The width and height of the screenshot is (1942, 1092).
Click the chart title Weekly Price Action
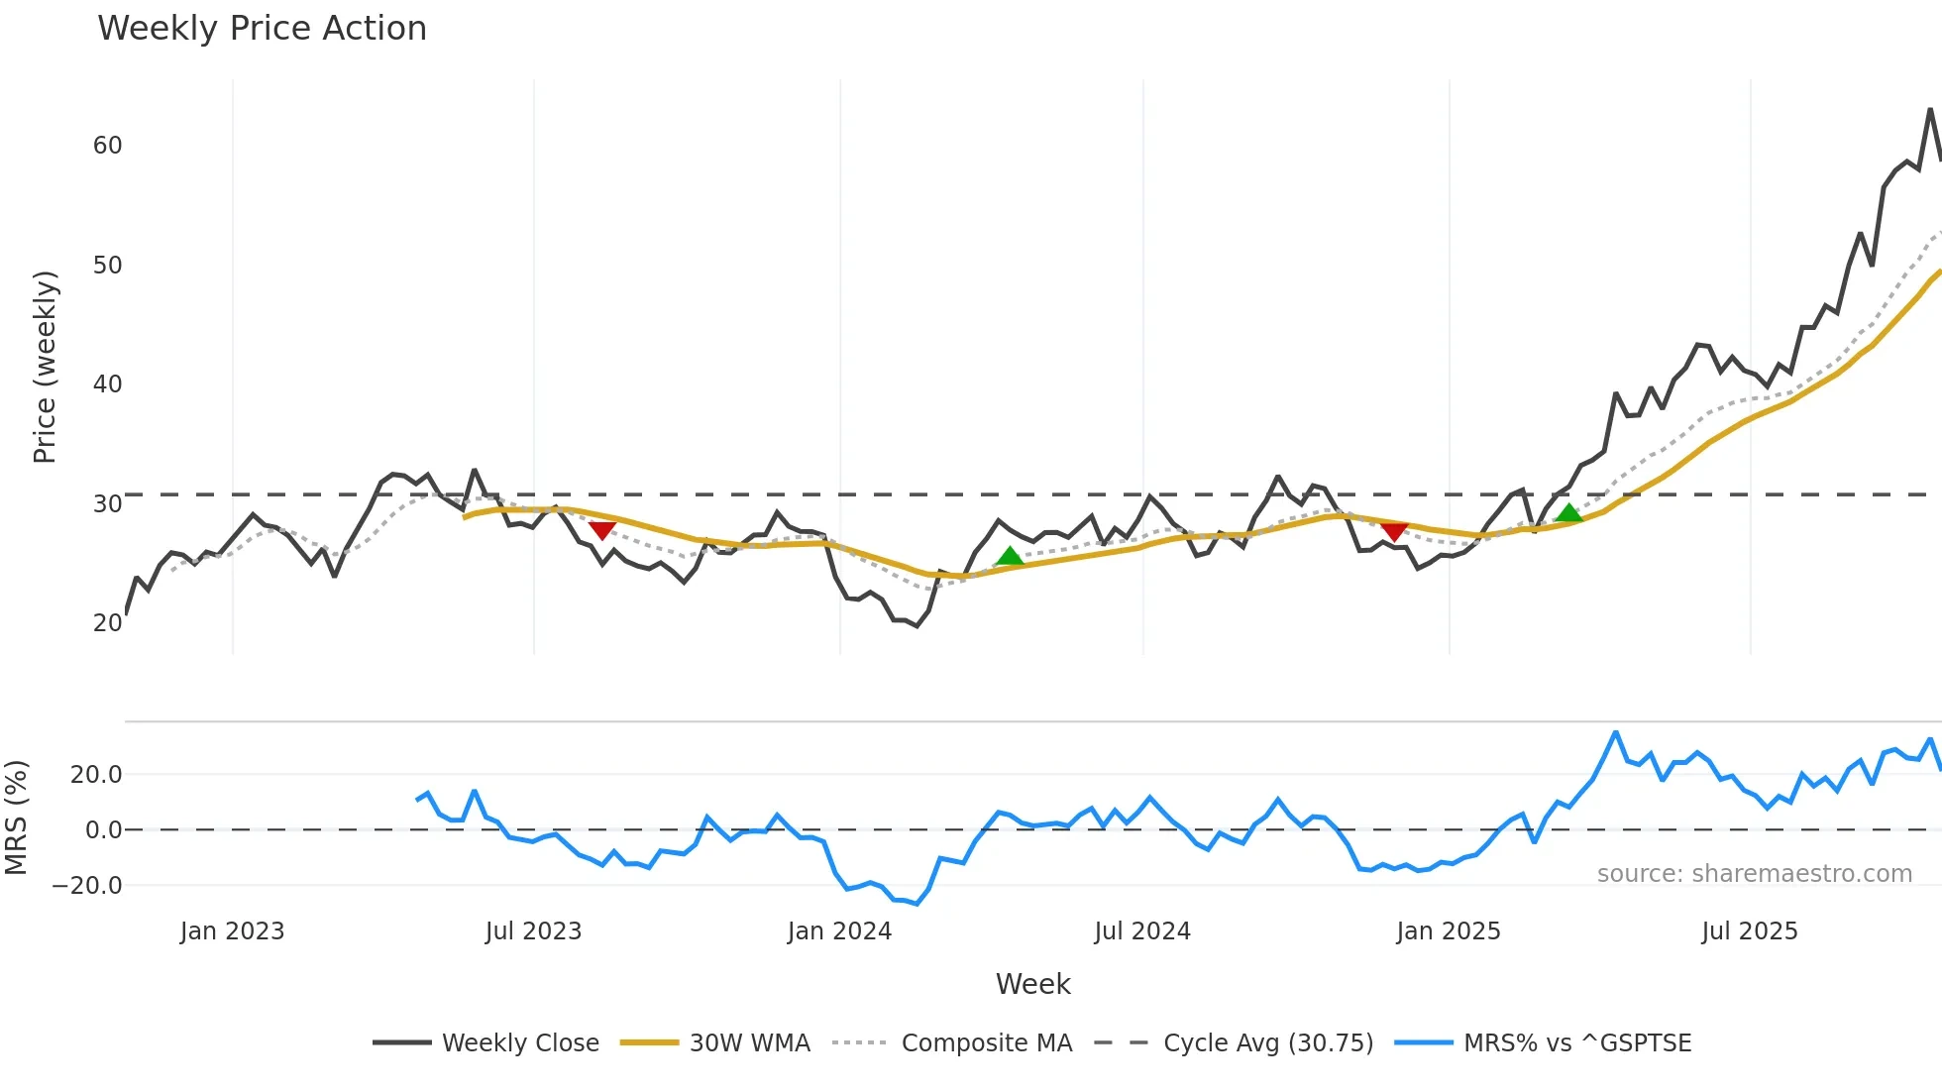coord(262,29)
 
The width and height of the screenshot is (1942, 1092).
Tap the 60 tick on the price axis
coord(108,146)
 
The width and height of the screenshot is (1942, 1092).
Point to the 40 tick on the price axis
coord(108,384)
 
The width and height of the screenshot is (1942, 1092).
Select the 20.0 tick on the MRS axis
coord(96,775)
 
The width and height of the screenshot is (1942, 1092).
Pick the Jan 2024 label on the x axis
coord(839,931)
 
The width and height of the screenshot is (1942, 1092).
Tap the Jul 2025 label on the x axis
coord(1749,931)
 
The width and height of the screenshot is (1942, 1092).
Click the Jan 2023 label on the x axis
coord(232,931)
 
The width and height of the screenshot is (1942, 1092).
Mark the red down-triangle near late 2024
coord(1394,532)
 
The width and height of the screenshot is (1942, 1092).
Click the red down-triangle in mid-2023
coord(601,530)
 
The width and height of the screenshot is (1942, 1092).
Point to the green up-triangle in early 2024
coord(1010,556)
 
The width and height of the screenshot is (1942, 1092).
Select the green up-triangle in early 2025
coord(1568,512)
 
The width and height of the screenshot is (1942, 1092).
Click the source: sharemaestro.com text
coord(1754,874)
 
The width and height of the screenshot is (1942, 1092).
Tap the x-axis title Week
coord(1032,984)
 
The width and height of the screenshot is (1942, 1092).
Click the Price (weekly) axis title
coord(46,367)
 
